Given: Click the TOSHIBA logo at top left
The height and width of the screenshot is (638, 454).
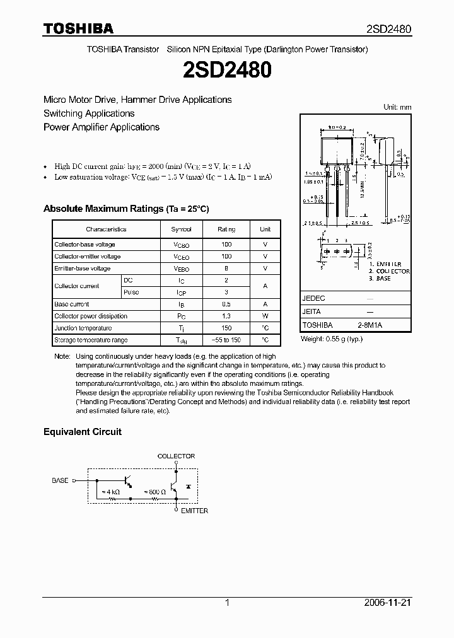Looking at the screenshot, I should pyautogui.click(x=78, y=28).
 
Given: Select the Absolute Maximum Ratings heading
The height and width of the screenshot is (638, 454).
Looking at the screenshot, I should pyautogui.click(x=125, y=209).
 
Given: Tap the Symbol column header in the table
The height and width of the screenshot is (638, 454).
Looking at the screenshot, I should pyautogui.click(x=181, y=229).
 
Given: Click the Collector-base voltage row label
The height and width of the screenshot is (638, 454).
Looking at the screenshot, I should pyautogui.click(x=84, y=244).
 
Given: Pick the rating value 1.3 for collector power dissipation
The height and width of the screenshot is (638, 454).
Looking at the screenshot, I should pyautogui.click(x=226, y=316).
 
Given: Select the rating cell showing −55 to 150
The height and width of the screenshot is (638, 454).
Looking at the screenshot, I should pyautogui.click(x=226, y=340).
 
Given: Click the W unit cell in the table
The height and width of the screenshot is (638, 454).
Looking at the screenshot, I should pyautogui.click(x=265, y=316).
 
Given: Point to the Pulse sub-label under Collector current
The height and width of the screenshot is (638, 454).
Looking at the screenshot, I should pyautogui.click(x=131, y=292).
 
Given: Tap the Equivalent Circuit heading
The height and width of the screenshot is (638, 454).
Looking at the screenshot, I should pyautogui.click(x=82, y=432).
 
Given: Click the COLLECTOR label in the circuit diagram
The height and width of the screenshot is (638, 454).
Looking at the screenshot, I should pyautogui.click(x=176, y=456).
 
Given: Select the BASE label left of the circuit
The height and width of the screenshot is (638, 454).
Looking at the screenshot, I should pyautogui.click(x=60, y=480).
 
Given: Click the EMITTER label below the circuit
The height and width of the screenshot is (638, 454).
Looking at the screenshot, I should pyautogui.click(x=194, y=511).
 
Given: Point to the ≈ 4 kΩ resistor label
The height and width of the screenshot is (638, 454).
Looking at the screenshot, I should pyautogui.click(x=113, y=491).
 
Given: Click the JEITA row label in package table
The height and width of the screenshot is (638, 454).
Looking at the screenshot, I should pyautogui.click(x=311, y=311).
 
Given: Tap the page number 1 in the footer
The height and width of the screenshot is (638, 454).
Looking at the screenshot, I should pyautogui.click(x=227, y=603).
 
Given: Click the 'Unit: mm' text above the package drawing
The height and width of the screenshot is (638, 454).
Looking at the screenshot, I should pyautogui.click(x=397, y=107).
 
